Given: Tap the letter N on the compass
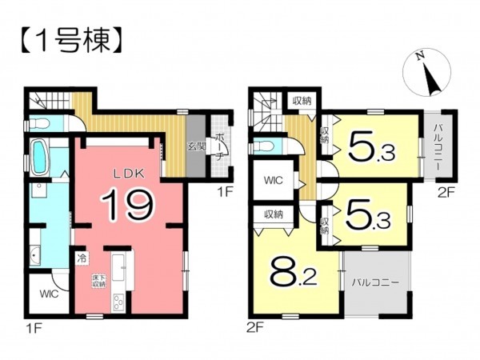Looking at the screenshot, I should (419, 56).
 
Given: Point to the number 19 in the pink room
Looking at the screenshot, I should (126, 204).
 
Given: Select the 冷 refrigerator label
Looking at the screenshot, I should (82, 258).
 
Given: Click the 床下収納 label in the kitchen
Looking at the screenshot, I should (98, 280).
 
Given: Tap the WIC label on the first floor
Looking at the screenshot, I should (46, 294).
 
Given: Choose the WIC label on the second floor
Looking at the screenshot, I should (274, 180).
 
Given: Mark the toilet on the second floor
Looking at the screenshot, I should (263, 147).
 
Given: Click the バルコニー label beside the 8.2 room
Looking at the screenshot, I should (374, 282).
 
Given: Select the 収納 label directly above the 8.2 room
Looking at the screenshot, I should (274, 214).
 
